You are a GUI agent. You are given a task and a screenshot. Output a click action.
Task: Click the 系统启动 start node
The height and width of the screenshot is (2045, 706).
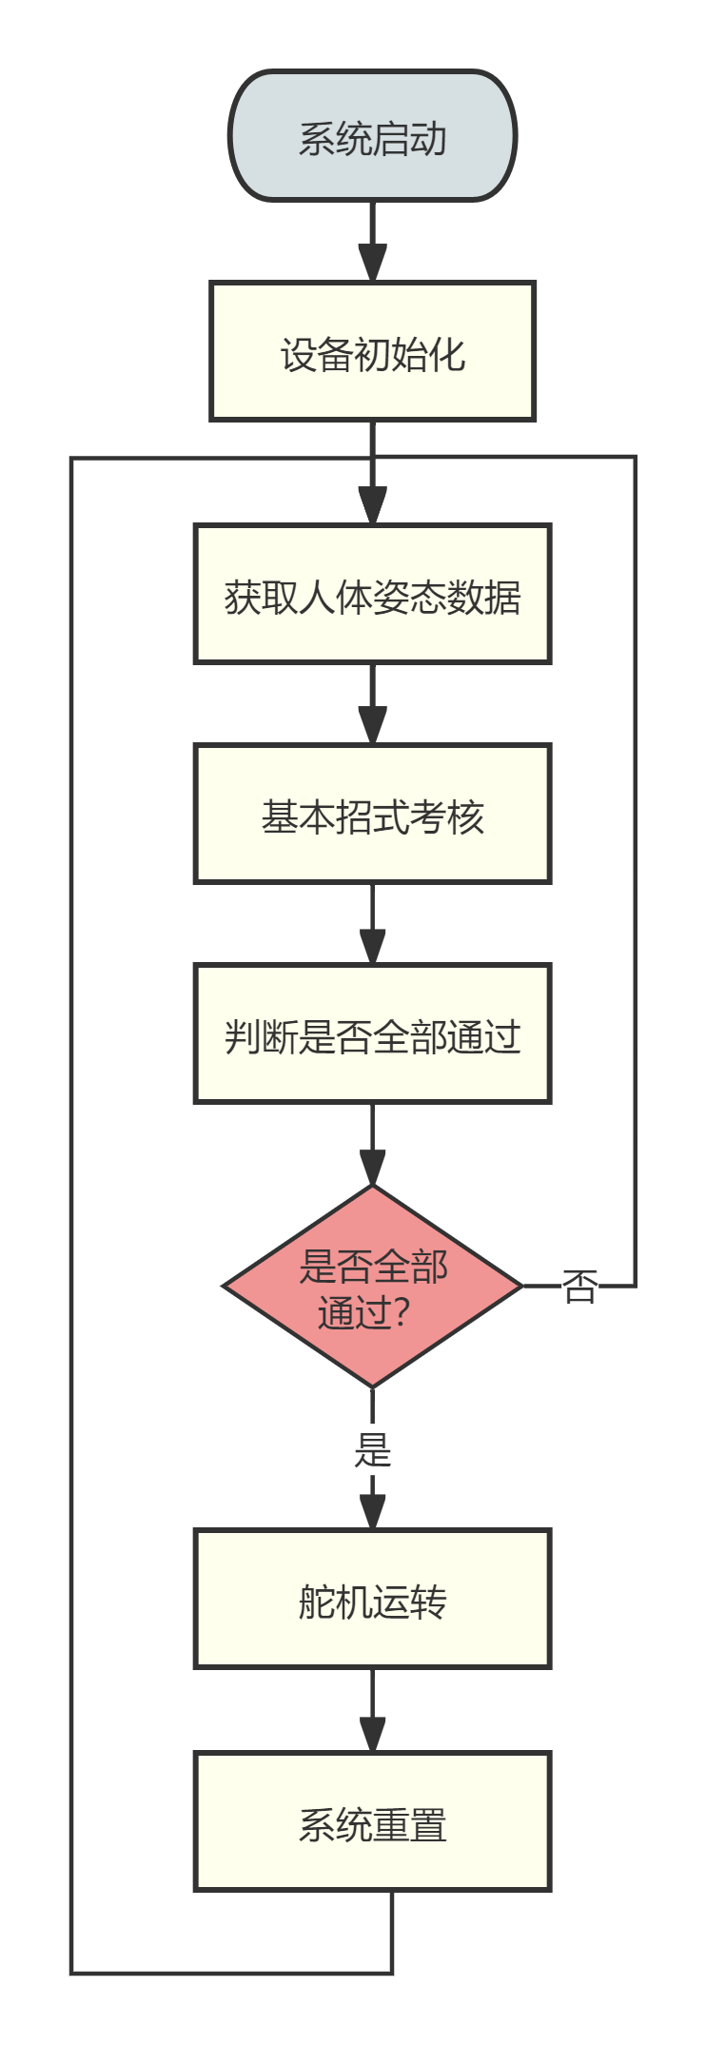click(372, 136)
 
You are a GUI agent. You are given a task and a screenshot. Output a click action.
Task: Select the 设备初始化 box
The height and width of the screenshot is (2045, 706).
click(372, 351)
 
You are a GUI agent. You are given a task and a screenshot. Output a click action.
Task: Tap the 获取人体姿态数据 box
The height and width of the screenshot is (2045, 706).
click(372, 594)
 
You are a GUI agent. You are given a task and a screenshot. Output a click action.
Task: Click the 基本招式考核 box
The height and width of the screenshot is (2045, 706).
click(372, 815)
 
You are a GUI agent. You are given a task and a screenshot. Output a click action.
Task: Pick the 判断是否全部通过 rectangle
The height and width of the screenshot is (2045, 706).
click(372, 1034)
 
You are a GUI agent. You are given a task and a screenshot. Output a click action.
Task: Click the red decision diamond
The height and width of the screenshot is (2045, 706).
click(372, 1287)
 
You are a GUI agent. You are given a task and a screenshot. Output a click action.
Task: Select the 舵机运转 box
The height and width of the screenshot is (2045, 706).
click(372, 1600)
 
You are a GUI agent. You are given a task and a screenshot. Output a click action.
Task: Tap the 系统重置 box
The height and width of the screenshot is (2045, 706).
click(372, 1821)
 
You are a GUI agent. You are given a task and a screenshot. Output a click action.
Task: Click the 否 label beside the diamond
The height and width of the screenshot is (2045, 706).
click(579, 1287)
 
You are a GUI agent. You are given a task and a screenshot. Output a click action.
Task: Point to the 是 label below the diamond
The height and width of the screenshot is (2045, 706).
click(372, 1451)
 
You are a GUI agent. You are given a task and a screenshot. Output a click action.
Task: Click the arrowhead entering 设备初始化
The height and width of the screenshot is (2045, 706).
click(372, 263)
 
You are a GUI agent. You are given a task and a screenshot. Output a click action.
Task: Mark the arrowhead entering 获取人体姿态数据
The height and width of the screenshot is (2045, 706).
click(372, 505)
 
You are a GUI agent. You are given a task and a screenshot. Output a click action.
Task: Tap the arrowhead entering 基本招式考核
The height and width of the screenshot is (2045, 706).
click(372, 725)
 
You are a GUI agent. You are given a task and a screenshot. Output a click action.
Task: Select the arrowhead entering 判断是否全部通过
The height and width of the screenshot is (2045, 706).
click(372, 946)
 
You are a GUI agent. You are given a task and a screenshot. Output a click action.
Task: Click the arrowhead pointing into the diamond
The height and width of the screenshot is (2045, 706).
click(372, 1167)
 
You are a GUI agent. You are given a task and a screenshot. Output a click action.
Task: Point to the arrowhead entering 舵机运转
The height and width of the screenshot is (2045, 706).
click(372, 1511)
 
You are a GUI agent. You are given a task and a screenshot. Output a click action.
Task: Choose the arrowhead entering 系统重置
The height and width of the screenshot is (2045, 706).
click(372, 1733)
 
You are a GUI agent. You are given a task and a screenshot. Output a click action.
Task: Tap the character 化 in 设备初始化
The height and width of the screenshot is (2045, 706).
click(446, 354)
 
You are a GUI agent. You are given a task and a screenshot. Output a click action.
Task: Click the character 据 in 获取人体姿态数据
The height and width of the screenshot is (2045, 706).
click(502, 598)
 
